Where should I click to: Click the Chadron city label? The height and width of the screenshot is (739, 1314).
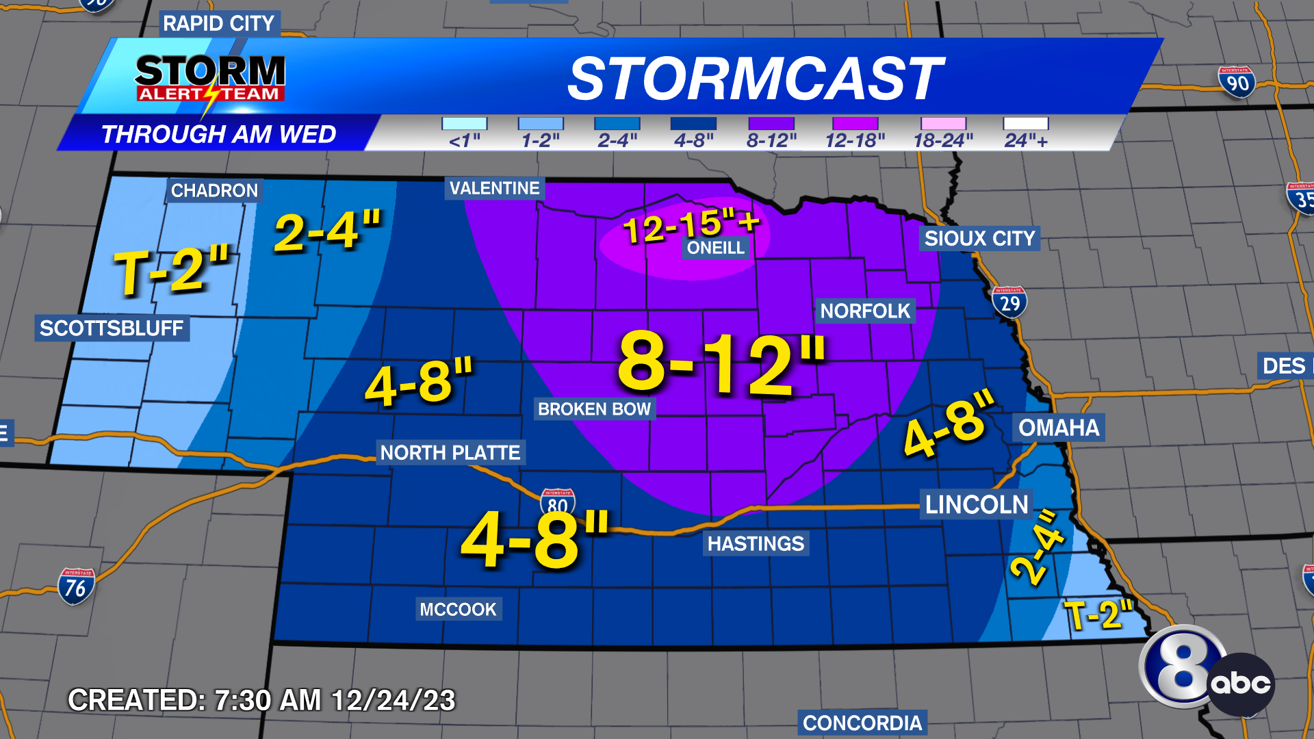pos(214,190)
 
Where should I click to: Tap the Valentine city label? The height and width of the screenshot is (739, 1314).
pos(494,188)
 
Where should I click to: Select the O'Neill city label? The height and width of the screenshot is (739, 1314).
pos(715,248)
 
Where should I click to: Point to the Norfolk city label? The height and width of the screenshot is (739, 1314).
pos(865,311)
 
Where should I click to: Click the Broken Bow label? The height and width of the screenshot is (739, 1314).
pos(594,409)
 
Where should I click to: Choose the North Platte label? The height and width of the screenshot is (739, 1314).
pos(450,452)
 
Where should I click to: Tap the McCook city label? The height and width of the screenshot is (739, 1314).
pos(458,609)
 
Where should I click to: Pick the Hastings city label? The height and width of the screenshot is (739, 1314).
pos(756,543)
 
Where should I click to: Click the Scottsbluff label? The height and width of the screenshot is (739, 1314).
pos(112,328)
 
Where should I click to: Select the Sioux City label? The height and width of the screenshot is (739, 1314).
pos(979,238)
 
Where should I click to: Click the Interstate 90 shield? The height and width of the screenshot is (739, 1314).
pos(1237,82)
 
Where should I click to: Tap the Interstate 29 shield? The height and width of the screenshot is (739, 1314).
pos(1009,302)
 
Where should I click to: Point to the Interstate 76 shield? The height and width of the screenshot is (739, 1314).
pos(76,586)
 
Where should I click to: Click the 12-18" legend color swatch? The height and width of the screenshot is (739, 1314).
pos(855,124)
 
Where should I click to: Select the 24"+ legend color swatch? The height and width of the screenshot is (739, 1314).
pos(1025,124)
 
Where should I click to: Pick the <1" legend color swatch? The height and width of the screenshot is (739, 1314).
pos(464,124)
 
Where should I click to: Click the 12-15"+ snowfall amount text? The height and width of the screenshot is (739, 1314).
pos(691,225)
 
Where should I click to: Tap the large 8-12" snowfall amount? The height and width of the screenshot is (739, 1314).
pos(721,364)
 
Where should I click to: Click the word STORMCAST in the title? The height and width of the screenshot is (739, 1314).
pos(756,78)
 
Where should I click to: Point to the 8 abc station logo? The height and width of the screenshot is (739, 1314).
pos(1206,671)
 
